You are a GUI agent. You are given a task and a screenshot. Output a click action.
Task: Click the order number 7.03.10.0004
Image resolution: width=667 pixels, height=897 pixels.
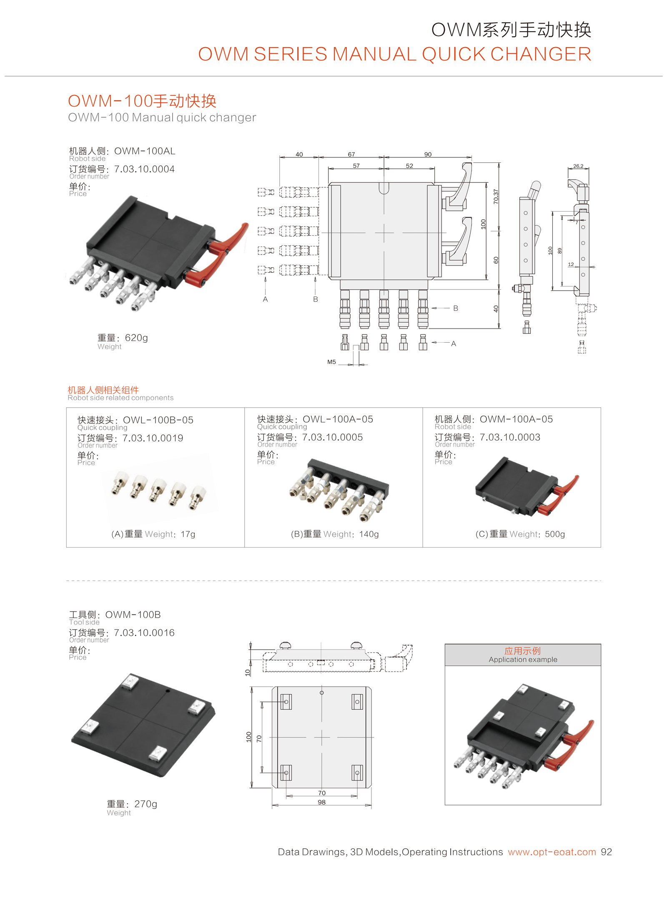point(144,169)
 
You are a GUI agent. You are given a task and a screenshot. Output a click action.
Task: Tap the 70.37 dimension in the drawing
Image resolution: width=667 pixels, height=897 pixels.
point(496,197)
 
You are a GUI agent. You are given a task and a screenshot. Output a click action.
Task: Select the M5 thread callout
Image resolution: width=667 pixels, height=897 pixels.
point(331,362)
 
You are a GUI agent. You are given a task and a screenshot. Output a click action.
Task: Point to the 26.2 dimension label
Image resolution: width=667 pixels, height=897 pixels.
point(578,166)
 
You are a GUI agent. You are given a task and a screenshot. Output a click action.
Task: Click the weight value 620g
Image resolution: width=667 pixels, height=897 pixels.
point(136,338)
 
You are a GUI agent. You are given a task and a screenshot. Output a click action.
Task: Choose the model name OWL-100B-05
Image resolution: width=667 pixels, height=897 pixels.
point(158,420)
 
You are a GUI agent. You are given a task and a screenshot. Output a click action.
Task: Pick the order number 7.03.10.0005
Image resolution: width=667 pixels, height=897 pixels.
point(332,437)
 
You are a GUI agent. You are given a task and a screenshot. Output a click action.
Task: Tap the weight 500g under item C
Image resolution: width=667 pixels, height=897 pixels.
point(554,534)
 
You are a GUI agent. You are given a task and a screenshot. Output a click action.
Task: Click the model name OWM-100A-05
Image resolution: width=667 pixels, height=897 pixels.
point(516,419)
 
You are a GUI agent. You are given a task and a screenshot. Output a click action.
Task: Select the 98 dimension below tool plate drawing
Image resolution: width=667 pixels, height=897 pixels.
point(321,802)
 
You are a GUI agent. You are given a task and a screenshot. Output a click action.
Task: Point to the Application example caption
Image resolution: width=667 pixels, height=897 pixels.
point(523,660)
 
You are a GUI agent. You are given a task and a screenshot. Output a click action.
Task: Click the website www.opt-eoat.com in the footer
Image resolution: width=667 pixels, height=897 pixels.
point(552,852)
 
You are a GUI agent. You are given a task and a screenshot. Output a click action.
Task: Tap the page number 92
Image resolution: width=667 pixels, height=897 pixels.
point(606,852)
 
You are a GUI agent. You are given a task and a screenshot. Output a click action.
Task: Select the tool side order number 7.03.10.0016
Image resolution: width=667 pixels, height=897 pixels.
point(144,633)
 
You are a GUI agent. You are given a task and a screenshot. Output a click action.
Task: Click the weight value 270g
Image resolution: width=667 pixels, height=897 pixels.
point(145,804)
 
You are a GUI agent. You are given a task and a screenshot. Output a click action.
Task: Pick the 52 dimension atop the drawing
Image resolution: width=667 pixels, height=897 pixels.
point(409,166)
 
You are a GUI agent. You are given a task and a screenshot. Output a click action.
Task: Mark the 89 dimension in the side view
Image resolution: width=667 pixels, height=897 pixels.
point(560,251)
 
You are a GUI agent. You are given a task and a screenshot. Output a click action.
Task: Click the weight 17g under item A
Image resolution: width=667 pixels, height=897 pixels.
point(188,534)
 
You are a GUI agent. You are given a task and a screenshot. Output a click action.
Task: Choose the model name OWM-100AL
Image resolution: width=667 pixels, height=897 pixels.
point(145,151)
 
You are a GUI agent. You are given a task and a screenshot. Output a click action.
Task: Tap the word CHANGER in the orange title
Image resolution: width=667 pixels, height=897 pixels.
point(541,54)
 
